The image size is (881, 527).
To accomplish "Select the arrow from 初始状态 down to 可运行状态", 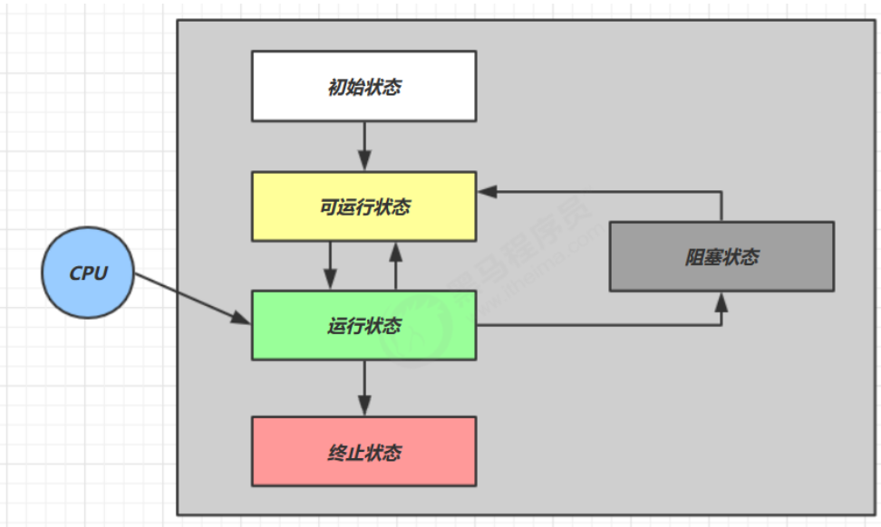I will (363, 145).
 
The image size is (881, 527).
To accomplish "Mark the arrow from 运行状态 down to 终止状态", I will (363, 387).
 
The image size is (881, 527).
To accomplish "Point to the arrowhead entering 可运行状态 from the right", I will (488, 191).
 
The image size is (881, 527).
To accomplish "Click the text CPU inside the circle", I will (89, 273).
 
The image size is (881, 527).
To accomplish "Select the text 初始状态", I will (363, 88).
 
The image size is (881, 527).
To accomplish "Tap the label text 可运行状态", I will (364, 207).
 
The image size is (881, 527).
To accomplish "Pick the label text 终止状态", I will (364, 452).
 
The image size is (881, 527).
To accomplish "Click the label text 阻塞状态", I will (721, 257).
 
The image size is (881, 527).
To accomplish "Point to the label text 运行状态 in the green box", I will (363, 326).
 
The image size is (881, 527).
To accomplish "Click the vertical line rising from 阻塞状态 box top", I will (721, 206).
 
